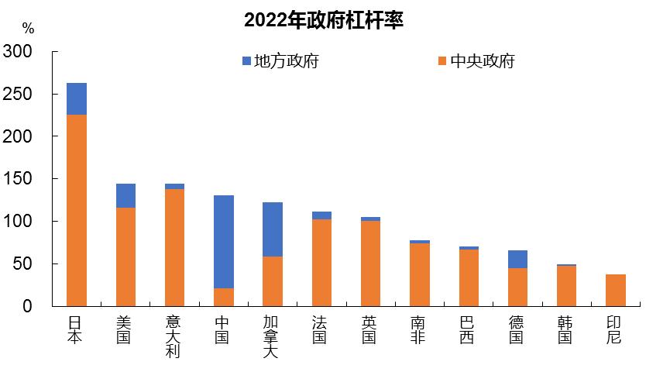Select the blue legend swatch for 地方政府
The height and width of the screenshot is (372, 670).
pos(247,61)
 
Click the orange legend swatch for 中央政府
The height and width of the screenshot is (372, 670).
pos(442,61)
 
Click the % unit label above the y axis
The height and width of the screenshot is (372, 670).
pos(28,29)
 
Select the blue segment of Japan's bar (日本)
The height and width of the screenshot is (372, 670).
pos(76,98)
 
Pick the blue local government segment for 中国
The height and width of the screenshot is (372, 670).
pos(223,241)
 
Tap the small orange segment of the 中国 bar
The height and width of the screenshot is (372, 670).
pos(223,298)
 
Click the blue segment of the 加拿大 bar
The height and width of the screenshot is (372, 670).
pos(273,229)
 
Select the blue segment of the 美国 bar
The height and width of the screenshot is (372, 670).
pos(125,195)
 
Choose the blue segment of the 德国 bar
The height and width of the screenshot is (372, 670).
pos(517,259)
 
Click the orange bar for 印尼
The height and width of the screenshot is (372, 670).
pos(616,291)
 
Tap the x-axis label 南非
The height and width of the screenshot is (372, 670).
pos(419,329)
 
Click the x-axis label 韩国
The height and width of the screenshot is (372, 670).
pos(566,329)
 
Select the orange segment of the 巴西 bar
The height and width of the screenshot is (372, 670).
pos(469,278)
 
